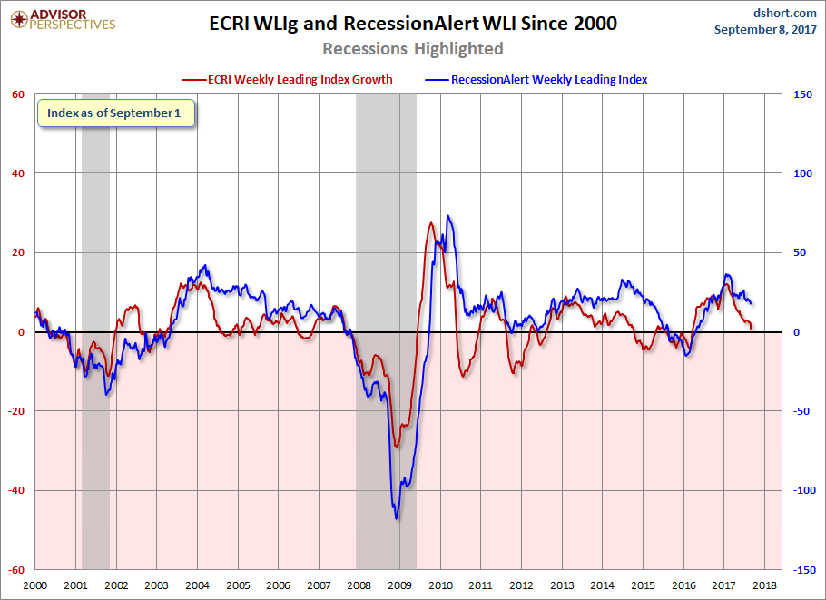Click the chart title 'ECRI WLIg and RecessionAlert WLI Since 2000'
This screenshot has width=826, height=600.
tap(413, 24)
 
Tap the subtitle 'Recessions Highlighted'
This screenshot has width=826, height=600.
tap(413, 48)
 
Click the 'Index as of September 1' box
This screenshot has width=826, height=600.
tap(114, 113)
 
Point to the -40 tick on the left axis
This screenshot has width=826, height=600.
tap(15, 490)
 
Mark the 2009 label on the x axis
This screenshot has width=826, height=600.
tap(399, 587)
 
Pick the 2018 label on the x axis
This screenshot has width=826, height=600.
tap(763, 587)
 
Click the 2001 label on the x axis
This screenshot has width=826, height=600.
tap(76, 587)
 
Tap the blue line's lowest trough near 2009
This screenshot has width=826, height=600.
tap(397, 518)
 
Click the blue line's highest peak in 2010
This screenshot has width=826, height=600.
tap(448, 216)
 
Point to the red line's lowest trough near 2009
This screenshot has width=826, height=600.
tap(396, 446)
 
